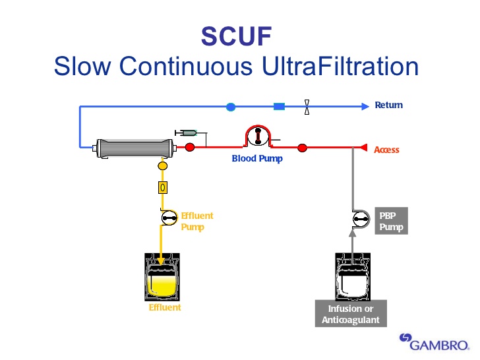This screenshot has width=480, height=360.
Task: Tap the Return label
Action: (x=388, y=105)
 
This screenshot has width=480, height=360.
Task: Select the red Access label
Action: (x=386, y=150)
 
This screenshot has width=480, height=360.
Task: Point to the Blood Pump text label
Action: (x=256, y=159)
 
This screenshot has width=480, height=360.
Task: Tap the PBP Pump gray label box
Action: (x=391, y=221)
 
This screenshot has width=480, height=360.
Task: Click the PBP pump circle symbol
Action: (x=360, y=218)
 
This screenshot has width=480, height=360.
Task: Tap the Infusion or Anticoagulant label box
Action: (x=350, y=315)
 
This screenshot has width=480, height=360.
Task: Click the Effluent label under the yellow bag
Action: (x=164, y=307)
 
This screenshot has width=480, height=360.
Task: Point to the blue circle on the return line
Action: (x=231, y=106)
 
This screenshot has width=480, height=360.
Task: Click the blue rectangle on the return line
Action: (x=279, y=106)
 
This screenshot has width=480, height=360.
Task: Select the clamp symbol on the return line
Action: (x=307, y=106)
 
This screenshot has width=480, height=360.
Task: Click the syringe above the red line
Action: (x=187, y=133)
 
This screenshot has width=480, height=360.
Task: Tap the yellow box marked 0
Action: (x=162, y=187)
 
